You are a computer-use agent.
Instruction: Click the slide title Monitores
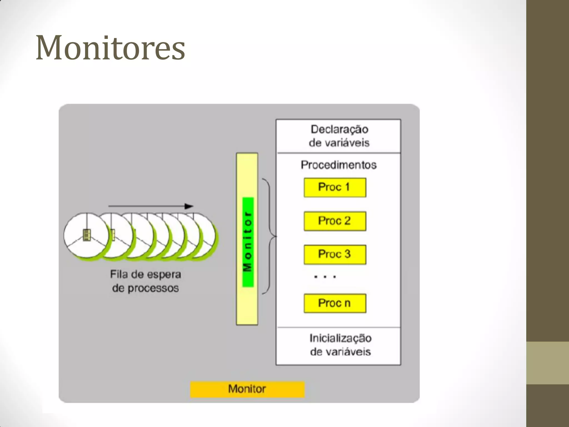coord(110,48)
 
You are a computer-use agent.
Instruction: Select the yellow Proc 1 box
coord(335,188)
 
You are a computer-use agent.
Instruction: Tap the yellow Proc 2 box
coord(335,221)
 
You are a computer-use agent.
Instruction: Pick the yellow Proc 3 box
coord(335,254)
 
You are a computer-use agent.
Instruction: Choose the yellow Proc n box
coord(335,303)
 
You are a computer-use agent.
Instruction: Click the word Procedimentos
coord(338,165)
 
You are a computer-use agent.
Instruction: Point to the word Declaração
coord(339,130)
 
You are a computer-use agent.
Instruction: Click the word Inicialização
coord(340,338)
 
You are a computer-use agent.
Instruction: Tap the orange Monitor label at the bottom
coord(247,389)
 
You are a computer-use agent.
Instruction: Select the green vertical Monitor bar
coord(248,242)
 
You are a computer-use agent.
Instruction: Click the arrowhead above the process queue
coord(189,206)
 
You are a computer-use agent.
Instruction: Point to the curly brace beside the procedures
coord(269,236)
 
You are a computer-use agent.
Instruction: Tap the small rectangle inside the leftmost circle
coord(87,235)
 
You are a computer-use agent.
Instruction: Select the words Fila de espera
coord(146,274)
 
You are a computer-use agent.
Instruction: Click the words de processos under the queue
coord(145,288)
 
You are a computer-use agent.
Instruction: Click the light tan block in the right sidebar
coord(547,363)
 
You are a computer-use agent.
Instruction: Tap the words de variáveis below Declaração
coord(339,143)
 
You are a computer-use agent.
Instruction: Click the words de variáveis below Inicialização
coord(340,352)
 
